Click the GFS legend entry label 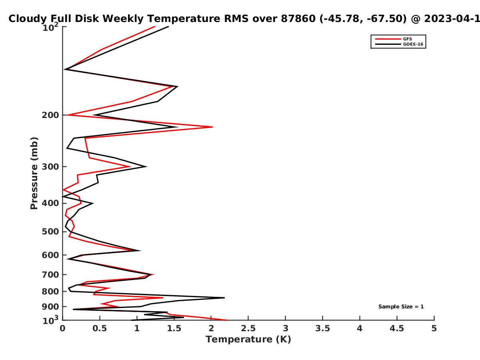pyautogui.click(x=407, y=39)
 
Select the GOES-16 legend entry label pyautogui.click(x=413, y=44)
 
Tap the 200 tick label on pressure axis pyautogui.click(x=50, y=115)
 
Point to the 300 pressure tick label pyautogui.click(x=50, y=167)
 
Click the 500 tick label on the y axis pyautogui.click(x=50, y=232)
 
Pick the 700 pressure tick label pyautogui.click(x=50, y=274)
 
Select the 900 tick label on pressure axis pyautogui.click(x=50, y=307)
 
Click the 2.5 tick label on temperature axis pyautogui.click(x=248, y=328)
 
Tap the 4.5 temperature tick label pyautogui.click(x=397, y=328)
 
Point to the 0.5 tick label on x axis pyautogui.click(x=100, y=328)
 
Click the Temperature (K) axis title pyautogui.click(x=248, y=340)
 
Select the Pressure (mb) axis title pyautogui.click(x=34, y=173)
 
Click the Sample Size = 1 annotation pyautogui.click(x=401, y=307)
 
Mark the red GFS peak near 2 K pyautogui.click(x=212, y=127)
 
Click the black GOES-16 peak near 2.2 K pyautogui.click(x=224, y=298)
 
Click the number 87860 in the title pyautogui.click(x=298, y=19)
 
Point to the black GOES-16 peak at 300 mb pyautogui.click(x=146, y=167)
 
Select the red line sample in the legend pyautogui.click(x=388, y=39)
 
